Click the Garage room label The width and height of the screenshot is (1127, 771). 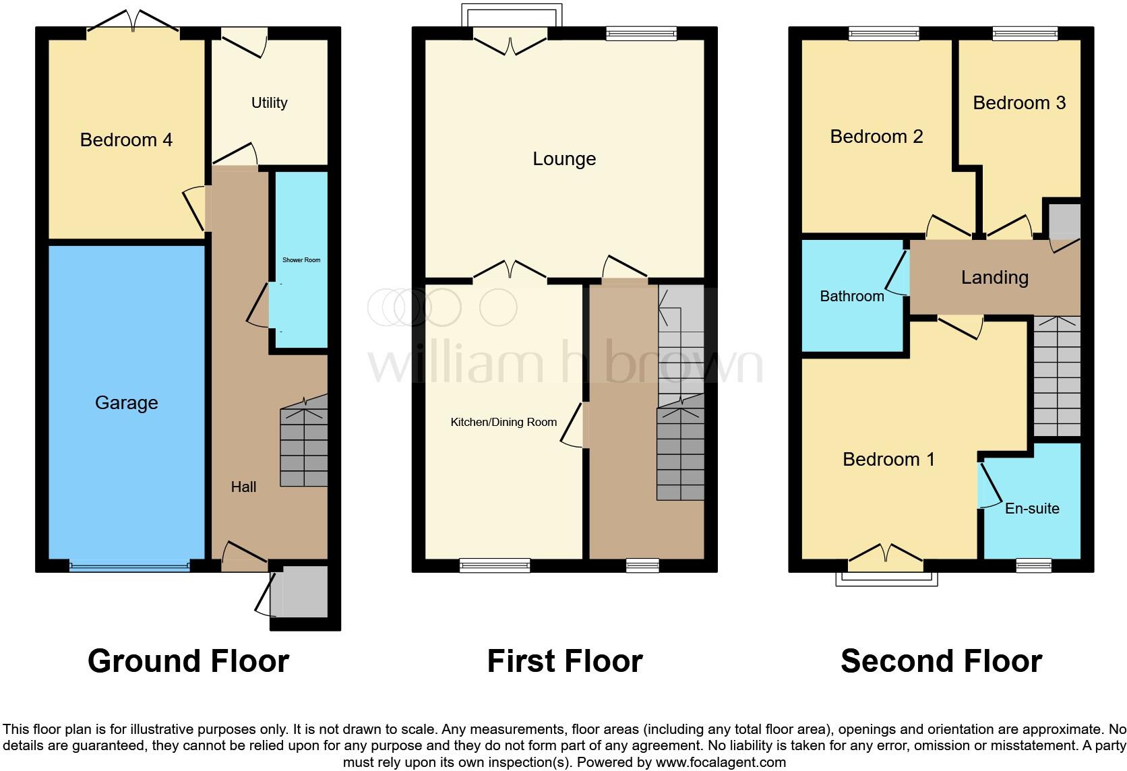[126, 403]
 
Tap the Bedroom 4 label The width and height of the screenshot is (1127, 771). [126, 140]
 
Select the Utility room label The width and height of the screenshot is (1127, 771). [269, 103]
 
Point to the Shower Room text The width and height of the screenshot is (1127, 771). [301, 260]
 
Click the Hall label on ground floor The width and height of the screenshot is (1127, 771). [243, 487]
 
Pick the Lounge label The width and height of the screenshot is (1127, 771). [564, 159]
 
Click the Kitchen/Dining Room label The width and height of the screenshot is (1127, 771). [504, 423]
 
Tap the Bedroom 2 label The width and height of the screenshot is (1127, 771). [876, 137]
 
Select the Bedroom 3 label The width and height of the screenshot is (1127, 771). [1018, 103]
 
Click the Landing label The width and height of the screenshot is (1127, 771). [994, 278]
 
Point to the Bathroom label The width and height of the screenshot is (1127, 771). [851, 297]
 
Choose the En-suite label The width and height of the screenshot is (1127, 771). [1031, 509]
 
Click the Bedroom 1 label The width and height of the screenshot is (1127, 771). [888, 460]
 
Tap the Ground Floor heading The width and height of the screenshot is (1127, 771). [188, 661]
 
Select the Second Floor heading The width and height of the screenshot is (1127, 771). [941, 661]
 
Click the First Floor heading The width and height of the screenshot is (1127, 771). [564, 661]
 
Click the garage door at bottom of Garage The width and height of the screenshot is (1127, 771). [129, 567]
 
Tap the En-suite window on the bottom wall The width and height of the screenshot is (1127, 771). [1033, 566]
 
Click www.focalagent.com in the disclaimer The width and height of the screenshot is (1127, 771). [720, 763]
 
